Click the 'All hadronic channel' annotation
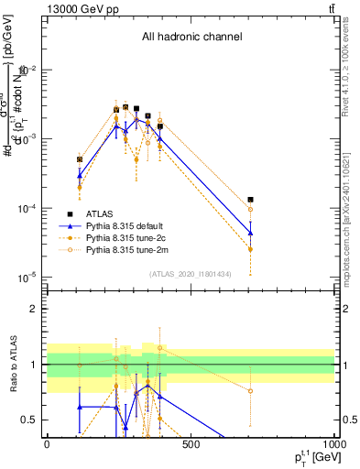(191, 37)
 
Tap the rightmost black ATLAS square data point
(250, 200)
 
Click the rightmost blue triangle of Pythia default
(250, 233)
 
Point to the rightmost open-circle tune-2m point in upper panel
(250, 210)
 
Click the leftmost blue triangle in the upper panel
(80, 175)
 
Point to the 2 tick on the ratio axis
(35, 310)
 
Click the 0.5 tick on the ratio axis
(31, 420)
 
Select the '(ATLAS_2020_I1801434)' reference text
(191, 274)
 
